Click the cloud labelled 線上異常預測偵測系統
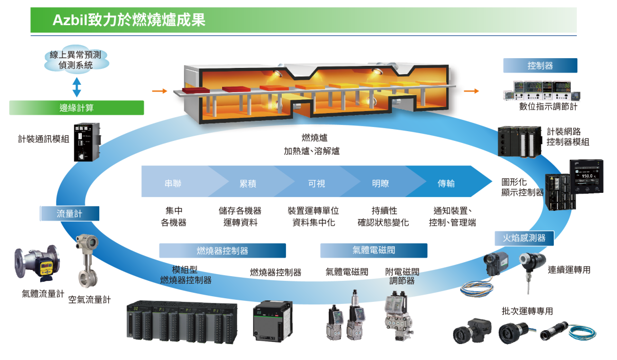click(76, 60)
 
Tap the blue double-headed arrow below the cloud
click(77, 87)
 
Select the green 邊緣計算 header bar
click(77, 107)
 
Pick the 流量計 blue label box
click(68, 213)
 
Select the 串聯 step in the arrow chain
click(173, 184)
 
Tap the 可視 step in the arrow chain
click(317, 184)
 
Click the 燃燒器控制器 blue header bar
click(222, 250)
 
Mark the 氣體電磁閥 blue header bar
click(373, 250)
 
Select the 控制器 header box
click(540, 65)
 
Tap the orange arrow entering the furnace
click(160, 91)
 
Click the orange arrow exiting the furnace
click(471, 91)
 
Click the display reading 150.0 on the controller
click(587, 175)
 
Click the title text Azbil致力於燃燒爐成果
click(129, 20)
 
